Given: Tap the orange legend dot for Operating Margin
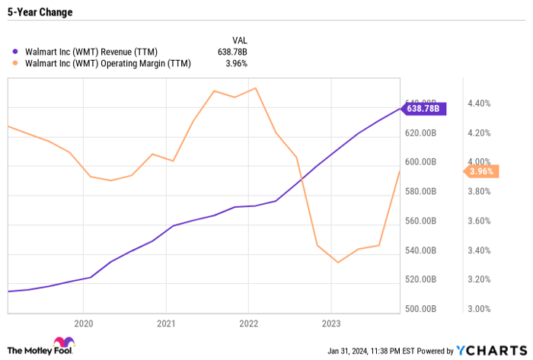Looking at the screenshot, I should (14, 64).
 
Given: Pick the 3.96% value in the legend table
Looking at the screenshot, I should (236, 64).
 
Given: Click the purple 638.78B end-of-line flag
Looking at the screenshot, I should (424, 109).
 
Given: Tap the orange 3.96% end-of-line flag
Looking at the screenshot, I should (480, 171).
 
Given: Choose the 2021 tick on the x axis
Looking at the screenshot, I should (166, 322).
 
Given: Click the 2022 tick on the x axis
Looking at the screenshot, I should (248, 322).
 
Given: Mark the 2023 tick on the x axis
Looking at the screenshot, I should (331, 322).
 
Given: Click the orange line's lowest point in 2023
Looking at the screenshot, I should (338, 263).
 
